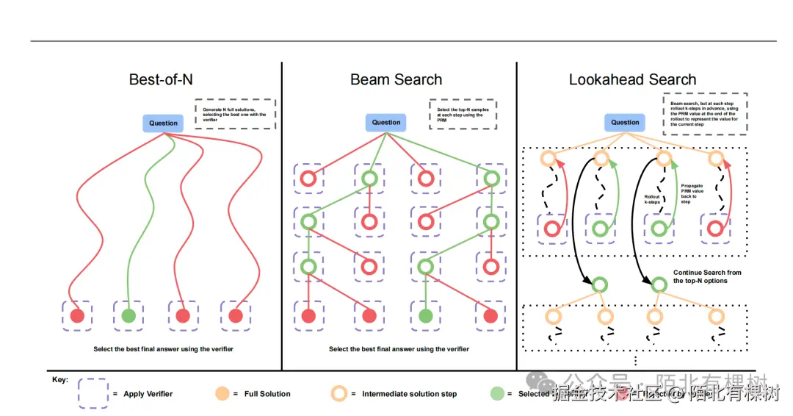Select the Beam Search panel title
point(396,79)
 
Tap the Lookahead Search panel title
point(632,79)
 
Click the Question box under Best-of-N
point(163,123)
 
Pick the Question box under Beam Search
point(386,123)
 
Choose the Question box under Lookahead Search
point(625,123)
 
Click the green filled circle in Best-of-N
point(128,316)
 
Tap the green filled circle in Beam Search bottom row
point(425,316)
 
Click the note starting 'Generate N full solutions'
point(235,114)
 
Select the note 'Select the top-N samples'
point(463,114)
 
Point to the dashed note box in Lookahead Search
point(704,114)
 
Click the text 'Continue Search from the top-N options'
point(707,276)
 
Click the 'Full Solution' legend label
point(267,394)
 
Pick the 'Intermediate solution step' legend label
point(409,394)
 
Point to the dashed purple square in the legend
point(93,393)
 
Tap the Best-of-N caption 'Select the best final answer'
point(163,349)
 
